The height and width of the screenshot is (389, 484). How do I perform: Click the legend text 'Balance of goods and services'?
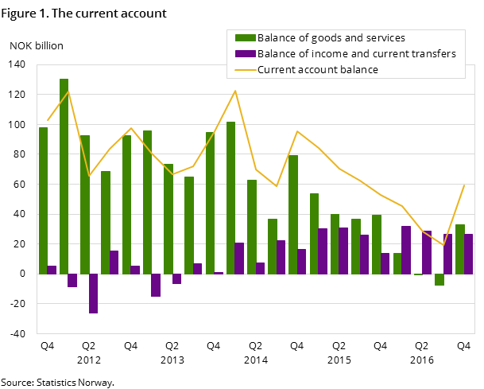coord(331,38)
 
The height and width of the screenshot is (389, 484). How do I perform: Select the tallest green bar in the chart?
coord(64,176)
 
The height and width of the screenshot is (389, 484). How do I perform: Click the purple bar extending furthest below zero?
coord(93,294)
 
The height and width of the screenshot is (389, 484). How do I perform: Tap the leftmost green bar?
coord(44,200)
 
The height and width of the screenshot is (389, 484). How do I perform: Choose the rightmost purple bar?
coord(469,254)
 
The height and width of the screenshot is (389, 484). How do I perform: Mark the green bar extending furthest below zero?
coord(439,279)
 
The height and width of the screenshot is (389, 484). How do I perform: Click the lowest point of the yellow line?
coord(443,246)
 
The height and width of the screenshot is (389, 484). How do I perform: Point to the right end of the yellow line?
coord(464,185)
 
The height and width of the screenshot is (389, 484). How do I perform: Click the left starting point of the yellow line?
coord(48,120)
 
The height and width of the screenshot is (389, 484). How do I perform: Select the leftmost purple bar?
coord(52,270)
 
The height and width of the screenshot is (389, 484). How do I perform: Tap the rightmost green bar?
coord(460,249)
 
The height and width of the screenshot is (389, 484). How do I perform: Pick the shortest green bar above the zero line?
coord(397,263)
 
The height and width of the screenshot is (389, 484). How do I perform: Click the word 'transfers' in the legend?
coord(433,54)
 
